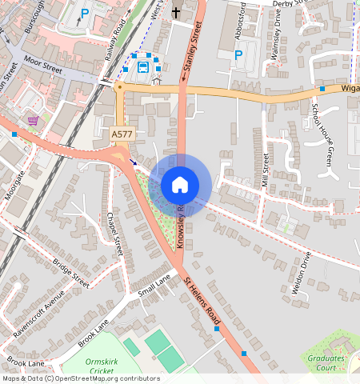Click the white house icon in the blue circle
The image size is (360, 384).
click(x=180, y=185)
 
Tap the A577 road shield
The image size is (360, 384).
click(x=122, y=138)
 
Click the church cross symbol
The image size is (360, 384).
click(x=176, y=12)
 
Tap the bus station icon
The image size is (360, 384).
click(x=143, y=66)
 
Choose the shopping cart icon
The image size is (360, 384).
click(x=33, y=121)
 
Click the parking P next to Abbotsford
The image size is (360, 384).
click(x=238, y=54)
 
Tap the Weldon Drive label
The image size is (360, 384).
click(x=301, y=275)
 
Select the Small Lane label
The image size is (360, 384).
click(x=154, y=286)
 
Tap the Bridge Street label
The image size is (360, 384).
click(x=70, y=272)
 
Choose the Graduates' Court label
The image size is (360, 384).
click(x=326, y=363)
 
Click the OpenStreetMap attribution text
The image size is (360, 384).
click(x=81, y=378)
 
